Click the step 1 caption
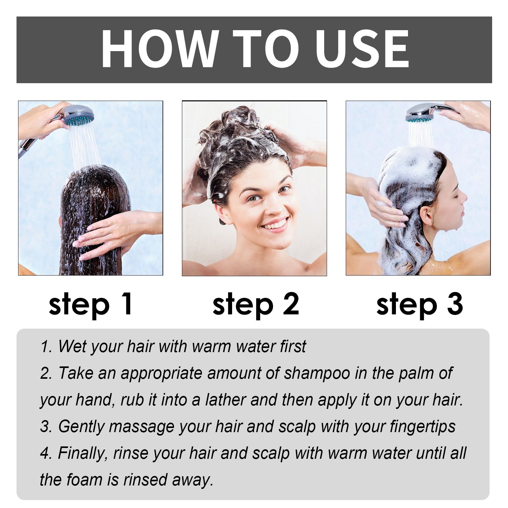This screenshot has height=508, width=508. point(90,304)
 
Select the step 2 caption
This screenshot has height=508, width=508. point(255,304)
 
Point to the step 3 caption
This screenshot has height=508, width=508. point(419,304)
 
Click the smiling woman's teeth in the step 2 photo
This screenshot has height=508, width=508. point(275,225)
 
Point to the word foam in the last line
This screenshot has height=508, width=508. point(84,480)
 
